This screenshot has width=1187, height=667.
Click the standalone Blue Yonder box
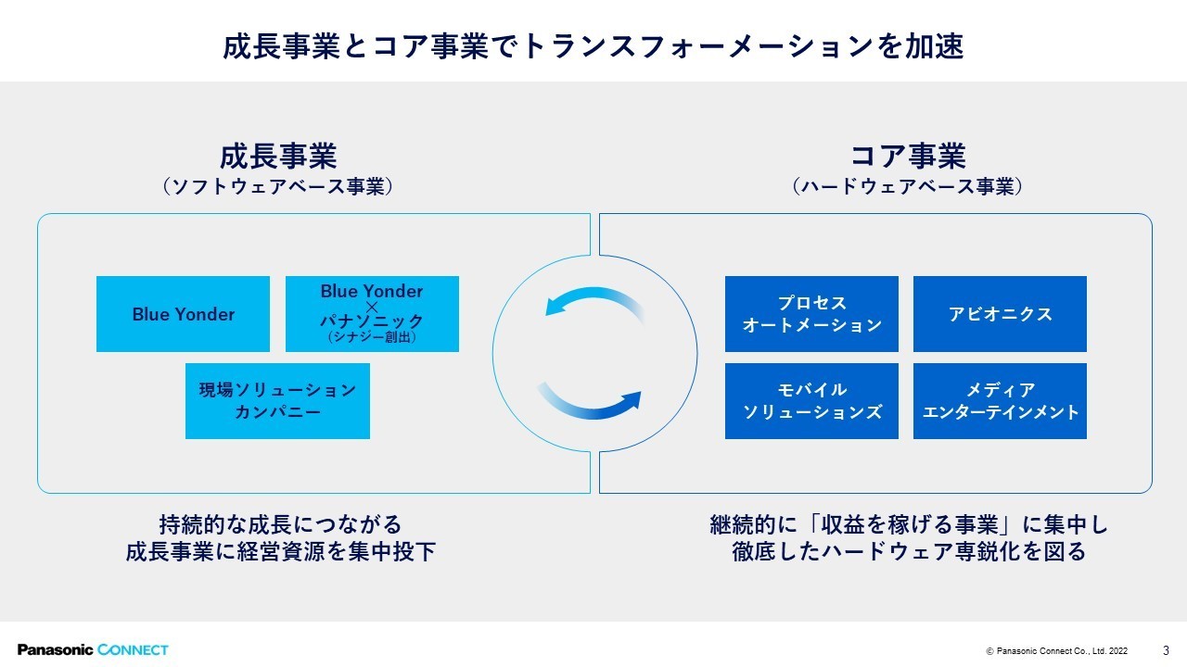tap(183, 314)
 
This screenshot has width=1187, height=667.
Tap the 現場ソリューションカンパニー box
tap(277, 400)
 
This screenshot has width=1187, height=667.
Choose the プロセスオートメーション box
tap(811, 314)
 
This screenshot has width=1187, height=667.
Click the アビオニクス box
tap(1000, 314)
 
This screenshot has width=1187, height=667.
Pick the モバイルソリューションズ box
tap(811, 400)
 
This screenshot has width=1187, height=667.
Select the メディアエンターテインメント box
tap(1000, 400)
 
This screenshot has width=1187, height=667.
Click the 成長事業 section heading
tap(277, 156)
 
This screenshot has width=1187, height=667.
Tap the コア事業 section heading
tap(907, 156)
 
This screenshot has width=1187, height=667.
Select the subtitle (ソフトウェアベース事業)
tap(277, 187)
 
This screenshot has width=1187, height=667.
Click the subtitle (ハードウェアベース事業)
tap(907, 187)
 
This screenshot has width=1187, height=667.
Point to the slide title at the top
tap(593, 46)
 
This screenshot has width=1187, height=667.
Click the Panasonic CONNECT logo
tap(93, 649)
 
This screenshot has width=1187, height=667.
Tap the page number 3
tap(1166, 649)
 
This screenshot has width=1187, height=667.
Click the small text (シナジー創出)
tap(372, 338)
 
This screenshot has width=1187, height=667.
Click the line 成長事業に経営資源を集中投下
tap(281, 552)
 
